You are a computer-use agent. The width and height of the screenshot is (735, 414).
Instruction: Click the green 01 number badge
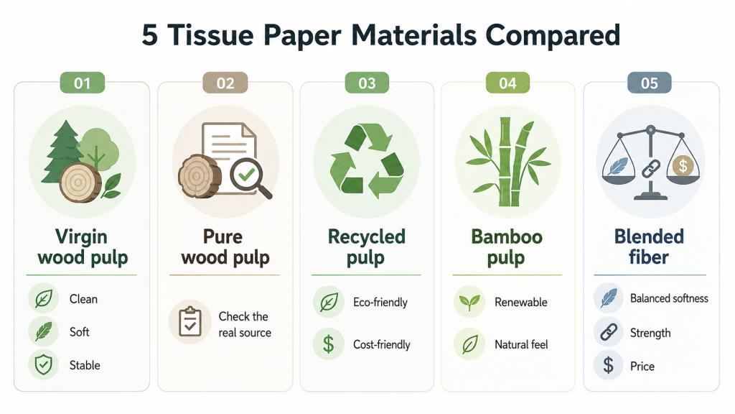(x=82, y=83)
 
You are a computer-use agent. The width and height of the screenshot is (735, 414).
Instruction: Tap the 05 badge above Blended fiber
(x=649, y=83)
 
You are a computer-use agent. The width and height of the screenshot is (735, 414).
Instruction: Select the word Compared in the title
(x=553, y=36)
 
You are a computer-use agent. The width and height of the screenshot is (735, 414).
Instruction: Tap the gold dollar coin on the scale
(x=683, y=165)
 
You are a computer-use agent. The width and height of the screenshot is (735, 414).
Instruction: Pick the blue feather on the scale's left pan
(x=618, y=166)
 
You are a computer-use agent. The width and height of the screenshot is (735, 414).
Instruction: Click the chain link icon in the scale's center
(x=650, y=169)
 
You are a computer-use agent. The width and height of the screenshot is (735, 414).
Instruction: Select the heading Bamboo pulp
(x=507, y=247)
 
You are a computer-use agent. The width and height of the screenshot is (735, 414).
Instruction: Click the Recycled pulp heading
(x=366, y=247)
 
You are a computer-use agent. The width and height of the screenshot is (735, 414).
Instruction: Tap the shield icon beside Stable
(x=44, y=364)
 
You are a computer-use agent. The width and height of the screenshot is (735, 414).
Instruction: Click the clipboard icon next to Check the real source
(x=189, y=322)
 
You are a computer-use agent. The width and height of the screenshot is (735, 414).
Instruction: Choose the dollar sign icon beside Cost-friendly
(x=329, y=344)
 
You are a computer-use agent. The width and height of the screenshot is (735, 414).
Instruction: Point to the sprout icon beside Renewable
(x=469, y=303)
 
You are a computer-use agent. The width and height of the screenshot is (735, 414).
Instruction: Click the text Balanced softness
(x=669, y=298)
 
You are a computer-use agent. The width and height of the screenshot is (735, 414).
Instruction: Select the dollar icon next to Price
(x=609, y=365)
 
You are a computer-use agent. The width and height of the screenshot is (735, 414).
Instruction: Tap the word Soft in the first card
(x=79, y=332)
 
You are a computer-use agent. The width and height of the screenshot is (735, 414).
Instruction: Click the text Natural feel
(x=521, y=344)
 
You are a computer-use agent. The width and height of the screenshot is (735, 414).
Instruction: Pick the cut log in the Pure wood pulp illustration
(x=200, y=176)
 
